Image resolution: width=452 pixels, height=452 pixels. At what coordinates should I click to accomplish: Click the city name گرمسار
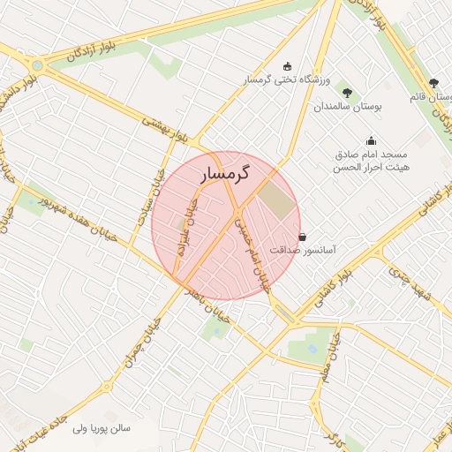tap(224, 174)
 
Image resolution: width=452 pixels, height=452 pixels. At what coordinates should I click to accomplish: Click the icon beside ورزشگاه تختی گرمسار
tap(287, 65)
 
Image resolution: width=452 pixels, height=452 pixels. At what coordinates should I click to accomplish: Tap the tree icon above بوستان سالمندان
tap(346, 92)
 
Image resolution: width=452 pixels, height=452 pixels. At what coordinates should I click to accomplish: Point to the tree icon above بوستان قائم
tap(433, 82)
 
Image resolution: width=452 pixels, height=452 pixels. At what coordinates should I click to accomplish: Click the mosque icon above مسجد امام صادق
tap(371, 139)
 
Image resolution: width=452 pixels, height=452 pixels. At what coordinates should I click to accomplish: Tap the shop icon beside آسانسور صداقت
tap(304, 237)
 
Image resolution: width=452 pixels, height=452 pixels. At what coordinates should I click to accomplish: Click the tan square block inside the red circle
tap(277, 202)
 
